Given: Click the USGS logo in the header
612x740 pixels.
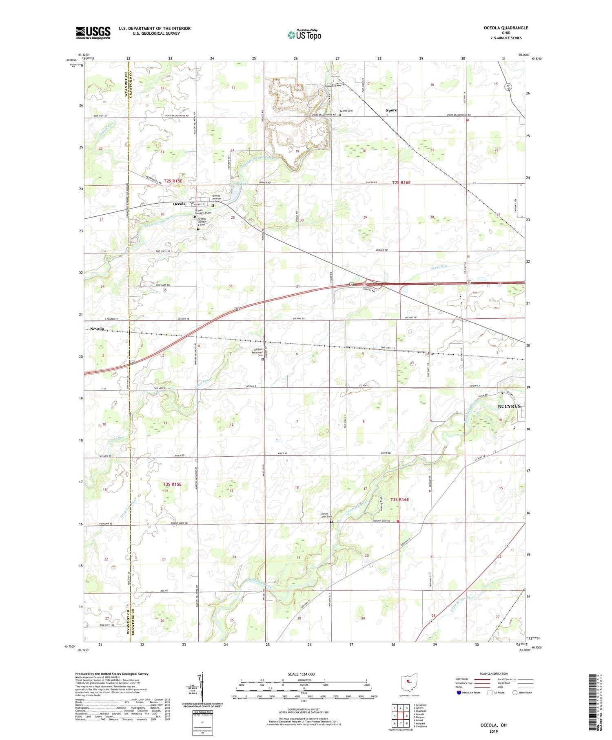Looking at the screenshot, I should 93,33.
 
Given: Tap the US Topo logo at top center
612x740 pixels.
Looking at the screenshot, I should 304,35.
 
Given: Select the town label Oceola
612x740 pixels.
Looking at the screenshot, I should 180,204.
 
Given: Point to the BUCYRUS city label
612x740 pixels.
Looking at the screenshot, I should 509,407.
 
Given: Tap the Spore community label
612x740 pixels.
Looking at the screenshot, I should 391,110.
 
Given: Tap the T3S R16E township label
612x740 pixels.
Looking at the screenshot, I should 399,500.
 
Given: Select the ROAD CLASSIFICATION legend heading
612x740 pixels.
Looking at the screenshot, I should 494,673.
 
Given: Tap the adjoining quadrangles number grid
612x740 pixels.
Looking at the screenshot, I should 401,716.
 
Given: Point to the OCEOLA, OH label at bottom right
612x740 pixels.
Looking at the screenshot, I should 493,725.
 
